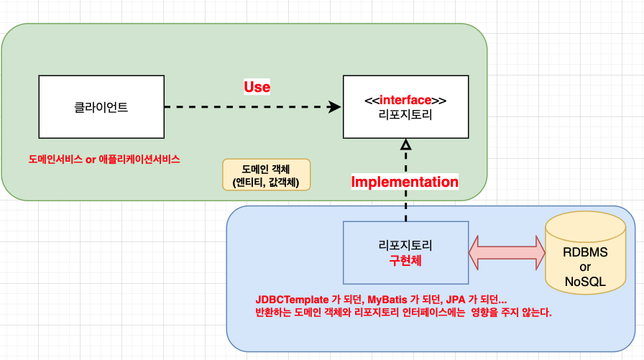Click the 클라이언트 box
[x=101, y=107]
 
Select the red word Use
[x=257, y=87]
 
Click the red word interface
[x=405, y=100]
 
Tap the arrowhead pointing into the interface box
[x=334, y=107]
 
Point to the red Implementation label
[x=404, y=182]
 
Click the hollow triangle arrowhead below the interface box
[x=405, y=146]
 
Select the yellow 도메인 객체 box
[x=266, y=175]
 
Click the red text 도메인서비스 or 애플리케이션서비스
[x=104, y=160]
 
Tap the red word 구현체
[x=405, y=259]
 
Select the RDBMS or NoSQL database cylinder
[x=585, y=251]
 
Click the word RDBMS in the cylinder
[x=585, y=253]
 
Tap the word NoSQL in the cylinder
[x=585, y=282]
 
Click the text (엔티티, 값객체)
[x=266, y=182]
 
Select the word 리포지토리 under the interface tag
[x=405, y=114]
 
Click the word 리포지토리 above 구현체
[x=405, y=244]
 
